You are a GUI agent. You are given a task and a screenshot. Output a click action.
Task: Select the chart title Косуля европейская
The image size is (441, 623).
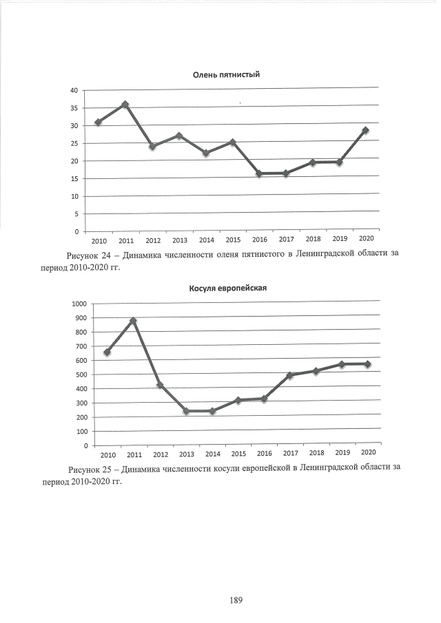pos(227,288)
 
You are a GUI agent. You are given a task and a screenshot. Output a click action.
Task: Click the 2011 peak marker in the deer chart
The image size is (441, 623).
pos(125,105)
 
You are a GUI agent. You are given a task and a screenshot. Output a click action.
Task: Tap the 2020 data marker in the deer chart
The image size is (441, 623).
pos(365,130)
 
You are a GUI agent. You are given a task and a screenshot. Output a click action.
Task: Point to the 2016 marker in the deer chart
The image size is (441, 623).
pos(259,173)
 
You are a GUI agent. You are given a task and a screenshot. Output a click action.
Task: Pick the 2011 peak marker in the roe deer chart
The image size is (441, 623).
pos(133,321)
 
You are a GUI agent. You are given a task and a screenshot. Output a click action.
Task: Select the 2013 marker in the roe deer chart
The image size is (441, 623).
pos(186,411)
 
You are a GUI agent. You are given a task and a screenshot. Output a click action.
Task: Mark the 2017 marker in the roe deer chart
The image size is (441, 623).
pos(290,375)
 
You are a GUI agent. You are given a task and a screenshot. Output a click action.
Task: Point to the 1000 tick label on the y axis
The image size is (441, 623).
pos(79,304)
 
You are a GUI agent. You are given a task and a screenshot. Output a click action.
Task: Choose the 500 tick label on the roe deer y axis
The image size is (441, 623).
pos(81,374)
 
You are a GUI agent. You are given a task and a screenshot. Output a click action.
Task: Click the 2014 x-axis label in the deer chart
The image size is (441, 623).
pos(206,240)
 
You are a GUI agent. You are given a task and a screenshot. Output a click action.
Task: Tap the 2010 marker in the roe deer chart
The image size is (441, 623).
pos(107,352)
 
